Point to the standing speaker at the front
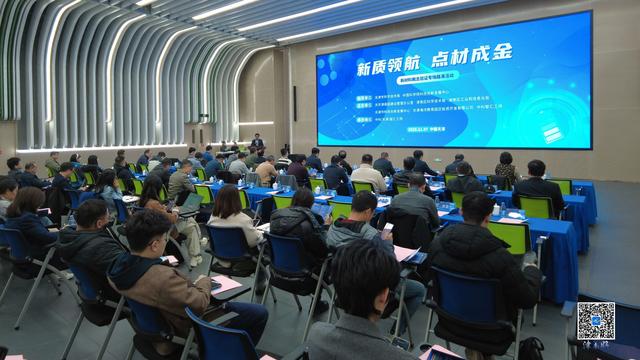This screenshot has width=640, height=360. (257, 146)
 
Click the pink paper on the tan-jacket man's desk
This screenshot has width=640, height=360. (226, 284)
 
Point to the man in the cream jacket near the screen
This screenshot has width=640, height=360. (367, 175)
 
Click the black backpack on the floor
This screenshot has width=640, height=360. (530, 349)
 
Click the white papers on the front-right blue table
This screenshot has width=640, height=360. (513, 215)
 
